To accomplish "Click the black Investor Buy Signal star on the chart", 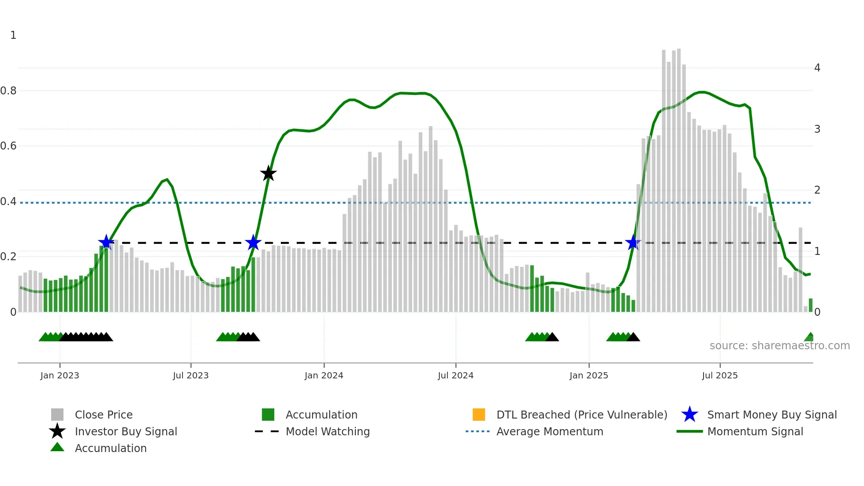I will click(x=268, y=173).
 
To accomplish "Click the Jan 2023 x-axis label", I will click(x=60, y=375).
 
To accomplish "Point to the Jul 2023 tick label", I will click(x=190, y=375).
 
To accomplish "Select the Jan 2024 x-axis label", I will click(x=324, y=375).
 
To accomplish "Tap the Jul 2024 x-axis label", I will click(x=455, y=375).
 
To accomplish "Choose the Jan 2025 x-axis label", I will click(x=588, y=375).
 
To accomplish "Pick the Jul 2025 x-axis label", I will click(x=719, y=375).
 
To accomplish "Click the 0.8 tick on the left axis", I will click(x=8, y=91).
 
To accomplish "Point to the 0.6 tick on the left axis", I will click(x=8, y=146).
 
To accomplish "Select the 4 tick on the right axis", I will click(x=817, y=68).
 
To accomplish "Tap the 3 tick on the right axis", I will click(x=817, y=129).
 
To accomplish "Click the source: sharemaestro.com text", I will click(x=779, y=346).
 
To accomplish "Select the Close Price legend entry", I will click(x=104, y=415).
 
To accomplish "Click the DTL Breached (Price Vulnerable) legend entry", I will click(x=581, y=415).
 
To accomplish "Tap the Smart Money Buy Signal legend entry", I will click(x=771, y=415).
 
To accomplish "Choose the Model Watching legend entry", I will click(x=327, y=431).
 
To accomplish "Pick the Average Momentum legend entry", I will click(x=549, y=431).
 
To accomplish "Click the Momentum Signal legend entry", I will click(x=755, y=431).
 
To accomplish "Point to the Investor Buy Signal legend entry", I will click(x=126, y=431).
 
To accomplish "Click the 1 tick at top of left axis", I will click(x=13, y=35).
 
